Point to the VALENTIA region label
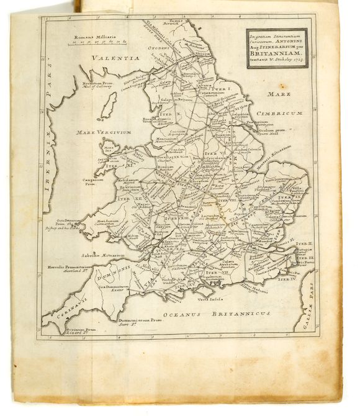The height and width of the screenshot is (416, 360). click(114, 58)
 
